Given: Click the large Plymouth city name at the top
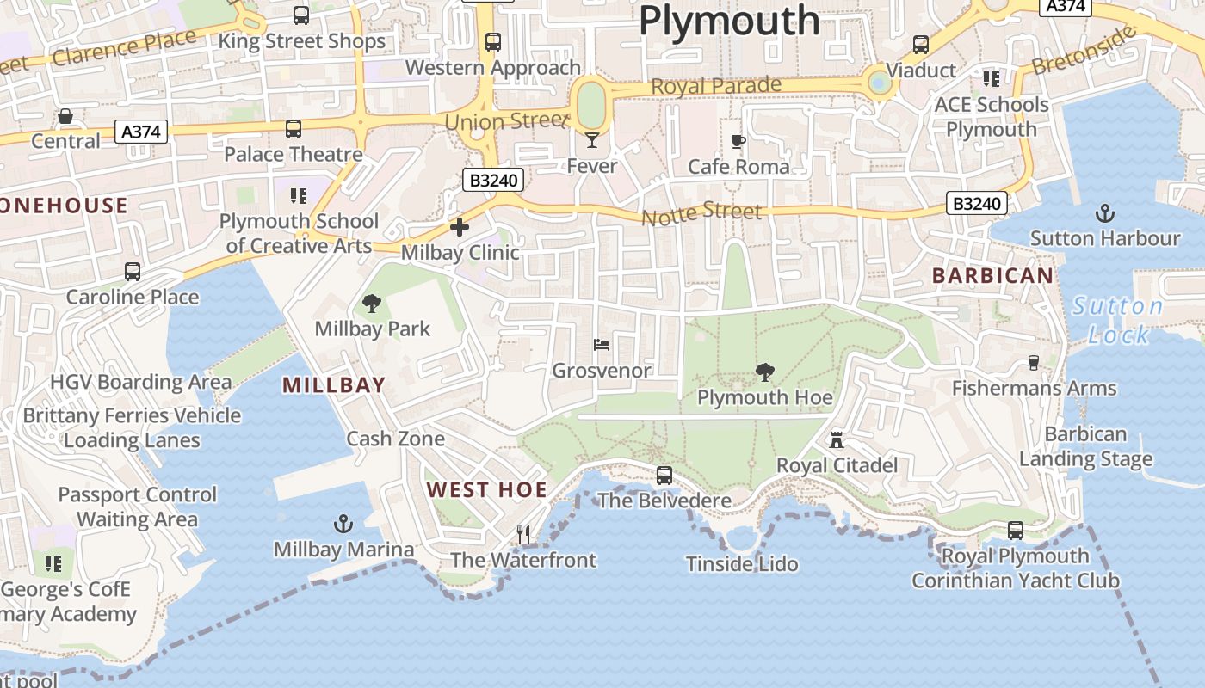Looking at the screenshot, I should tap(729, 20).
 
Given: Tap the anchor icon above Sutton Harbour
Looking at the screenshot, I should tap(1104, 212).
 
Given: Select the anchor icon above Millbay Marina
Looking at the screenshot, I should tap(343, 524).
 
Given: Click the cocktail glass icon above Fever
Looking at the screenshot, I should tap(592, 139).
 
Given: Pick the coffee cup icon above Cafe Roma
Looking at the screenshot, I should tap(738, 141).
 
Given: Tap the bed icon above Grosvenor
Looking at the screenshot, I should tap(602, 345).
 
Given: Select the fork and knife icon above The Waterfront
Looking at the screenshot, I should tap(523, 535).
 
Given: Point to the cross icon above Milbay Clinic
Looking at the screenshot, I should tap(460, 227).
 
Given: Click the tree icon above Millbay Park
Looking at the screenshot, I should tap(372, 303).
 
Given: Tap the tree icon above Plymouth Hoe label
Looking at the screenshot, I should tap(763, 372).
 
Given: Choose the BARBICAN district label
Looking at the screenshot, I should tap(992, 276).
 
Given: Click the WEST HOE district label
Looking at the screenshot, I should tap(487, 490).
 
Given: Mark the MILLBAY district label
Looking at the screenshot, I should tap(334, 385).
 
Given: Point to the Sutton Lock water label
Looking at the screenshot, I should tap(1118, 320).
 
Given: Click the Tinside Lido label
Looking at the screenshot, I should tap(742, 564).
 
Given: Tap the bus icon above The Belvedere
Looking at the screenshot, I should tap(664, 475).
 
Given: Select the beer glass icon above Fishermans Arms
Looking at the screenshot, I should tap(1034, 363).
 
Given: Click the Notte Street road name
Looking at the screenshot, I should tap(701, 212).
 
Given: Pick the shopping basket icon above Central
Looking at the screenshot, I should tap(65, 116).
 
